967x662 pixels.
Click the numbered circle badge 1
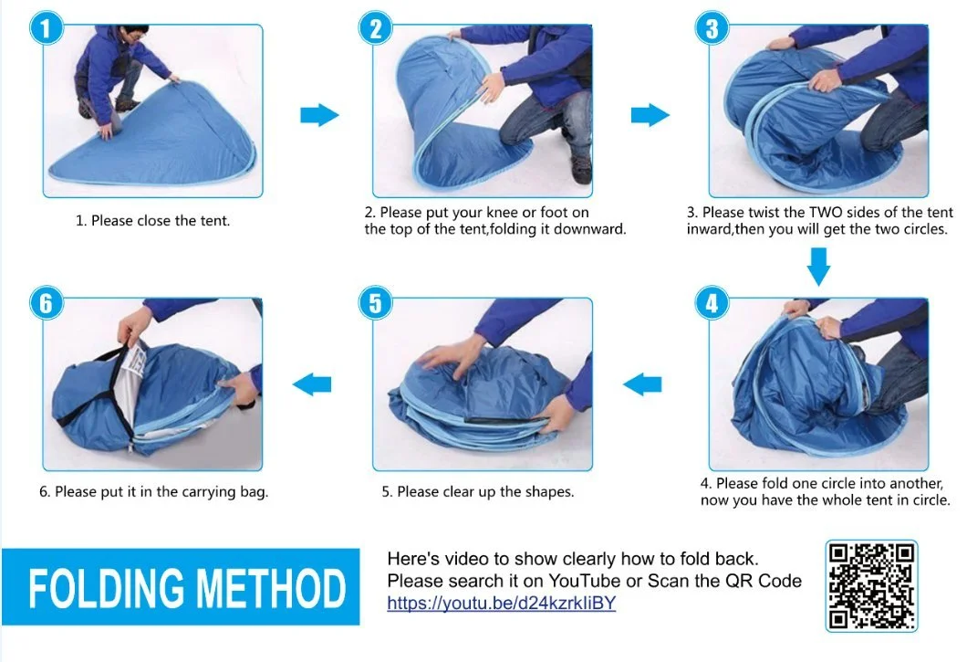coord(47,28)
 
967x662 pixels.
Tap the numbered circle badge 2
coord(376,28)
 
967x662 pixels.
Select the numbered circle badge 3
coord(712,28)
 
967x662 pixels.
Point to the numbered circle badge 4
coord(712,302)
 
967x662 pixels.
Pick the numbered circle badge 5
coord(376,302)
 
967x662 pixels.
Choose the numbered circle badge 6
coord(47,302)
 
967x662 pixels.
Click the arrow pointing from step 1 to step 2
coord(319,115)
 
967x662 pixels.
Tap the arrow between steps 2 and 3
coord(650,115)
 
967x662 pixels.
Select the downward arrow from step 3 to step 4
coord(819,267)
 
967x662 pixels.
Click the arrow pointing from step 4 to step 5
coord(642,384)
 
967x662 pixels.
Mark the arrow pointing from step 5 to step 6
coord(311,384)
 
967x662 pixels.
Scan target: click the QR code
coord(871,586)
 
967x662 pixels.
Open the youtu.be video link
coord(502,603)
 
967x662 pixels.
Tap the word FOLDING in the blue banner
coord(106,588)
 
